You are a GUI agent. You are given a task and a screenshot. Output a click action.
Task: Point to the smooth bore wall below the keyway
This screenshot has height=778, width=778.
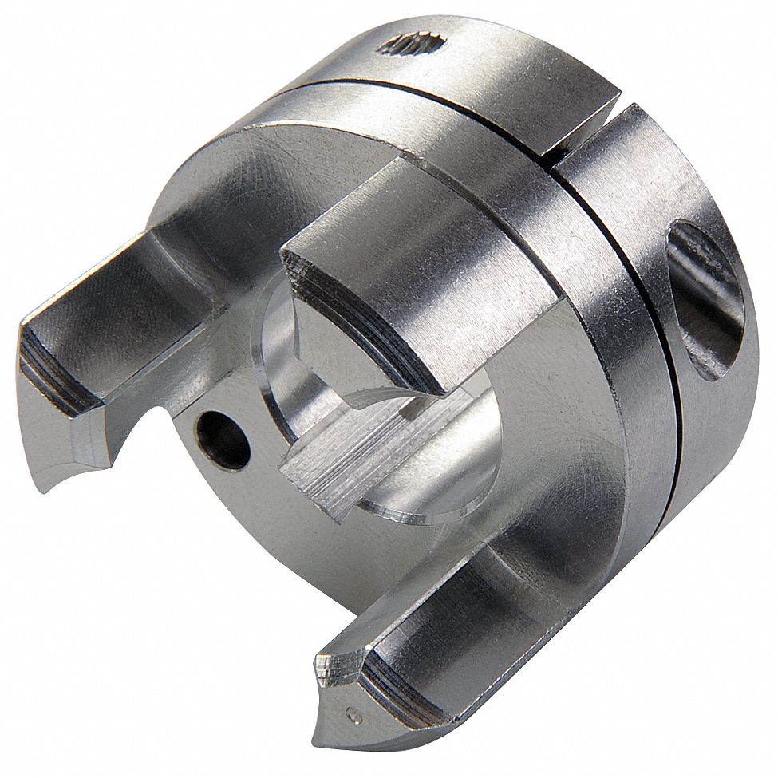[x=431, y=495]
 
